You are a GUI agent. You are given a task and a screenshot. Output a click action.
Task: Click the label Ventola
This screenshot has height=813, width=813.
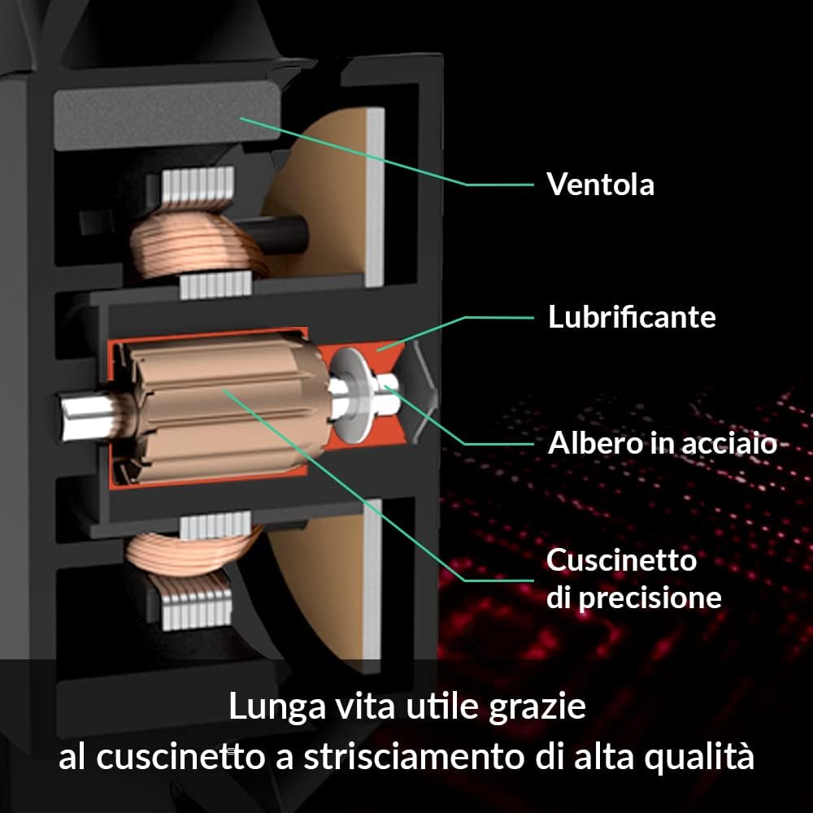pyautogui.click(x=601, y=184)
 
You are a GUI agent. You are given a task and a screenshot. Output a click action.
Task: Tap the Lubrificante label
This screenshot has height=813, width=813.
pyautogui.click(x=632, y=316)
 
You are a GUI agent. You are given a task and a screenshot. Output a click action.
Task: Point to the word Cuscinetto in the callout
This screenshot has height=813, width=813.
pyautogui.click(x=622, y=560)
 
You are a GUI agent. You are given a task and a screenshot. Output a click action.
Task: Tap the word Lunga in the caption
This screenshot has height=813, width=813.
pyautogui.click(x=277, y=707)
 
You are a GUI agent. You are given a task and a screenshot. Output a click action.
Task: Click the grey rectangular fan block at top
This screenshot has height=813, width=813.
pyautogui.click(x=167, y=116)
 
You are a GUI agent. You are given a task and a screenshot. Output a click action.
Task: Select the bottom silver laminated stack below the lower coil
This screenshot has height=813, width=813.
pyautogui.click(x=197, y=610)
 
